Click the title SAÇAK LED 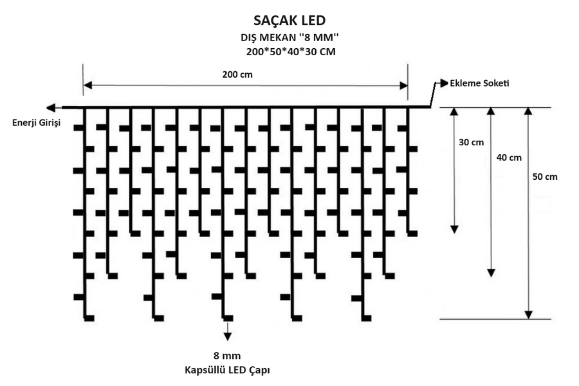click(x=289, y=21)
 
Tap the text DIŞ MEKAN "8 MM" click(x=290, y=38)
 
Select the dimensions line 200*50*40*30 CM click(x=291, y=51)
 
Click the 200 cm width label click(x=237, y=75)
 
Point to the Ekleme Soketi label click(x=479, y=83)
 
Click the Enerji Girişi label click(x=36, y=123)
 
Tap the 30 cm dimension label click(x=471, y=143)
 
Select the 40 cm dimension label click(x=509, y=158)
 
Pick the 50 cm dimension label click(x=545, y=177)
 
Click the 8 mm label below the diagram click(x=227, y=356)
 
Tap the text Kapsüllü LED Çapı click(x=227, y=370)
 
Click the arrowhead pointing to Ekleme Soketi click(x=444, y=83)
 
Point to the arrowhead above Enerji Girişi click(x=51, y=108)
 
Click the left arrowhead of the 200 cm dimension click(x=88, y=85)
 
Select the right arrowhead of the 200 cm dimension click(x=403, y=85)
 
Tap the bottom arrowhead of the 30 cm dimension click(x=454, y=229)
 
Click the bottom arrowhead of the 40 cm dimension click(x=491, y=273)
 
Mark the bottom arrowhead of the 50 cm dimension click(x=529, y=315)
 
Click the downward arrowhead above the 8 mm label click(x=228, y=337)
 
